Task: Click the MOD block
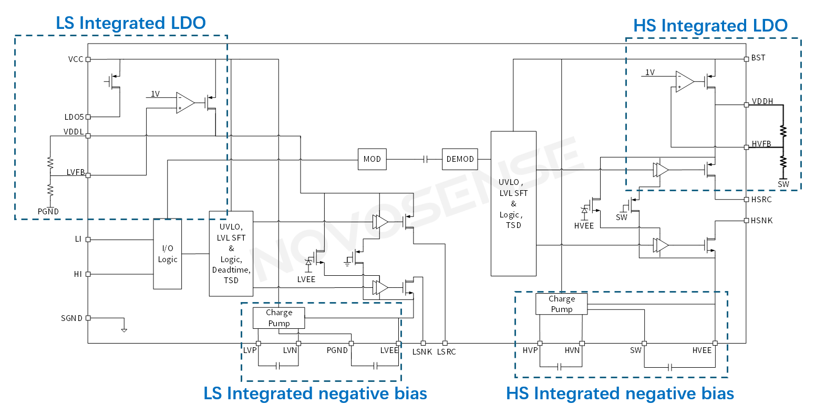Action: click(x=372, y=159)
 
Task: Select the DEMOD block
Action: click(x=460, y=159)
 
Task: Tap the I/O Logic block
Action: click(x=168, y=254)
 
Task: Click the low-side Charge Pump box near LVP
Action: click(x=278, y=318)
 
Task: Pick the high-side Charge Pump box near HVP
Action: click(x=561, y=304)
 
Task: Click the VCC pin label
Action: click(x=76, y=59)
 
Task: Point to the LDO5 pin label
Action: click(x=74, y=117)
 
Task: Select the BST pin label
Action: click(x=758, y=58)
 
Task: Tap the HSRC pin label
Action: click(x=761, y=200)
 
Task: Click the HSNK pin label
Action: click(x=761, y=221)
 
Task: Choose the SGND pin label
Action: click(x=71, y=318)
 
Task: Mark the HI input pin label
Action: click(x=78, y=274)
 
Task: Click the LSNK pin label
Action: click(x=421, y=352)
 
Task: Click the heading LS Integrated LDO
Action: click(x=131, y=23)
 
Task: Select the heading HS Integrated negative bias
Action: click(x=620, y=393)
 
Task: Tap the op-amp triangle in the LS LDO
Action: click(x=185, y=103)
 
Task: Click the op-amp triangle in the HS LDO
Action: click(x=685, y=82)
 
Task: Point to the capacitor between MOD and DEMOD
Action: click(x=425, y=159)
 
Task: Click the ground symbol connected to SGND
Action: click(x=124, y=329)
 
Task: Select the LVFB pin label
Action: click(x=75, y=172)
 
